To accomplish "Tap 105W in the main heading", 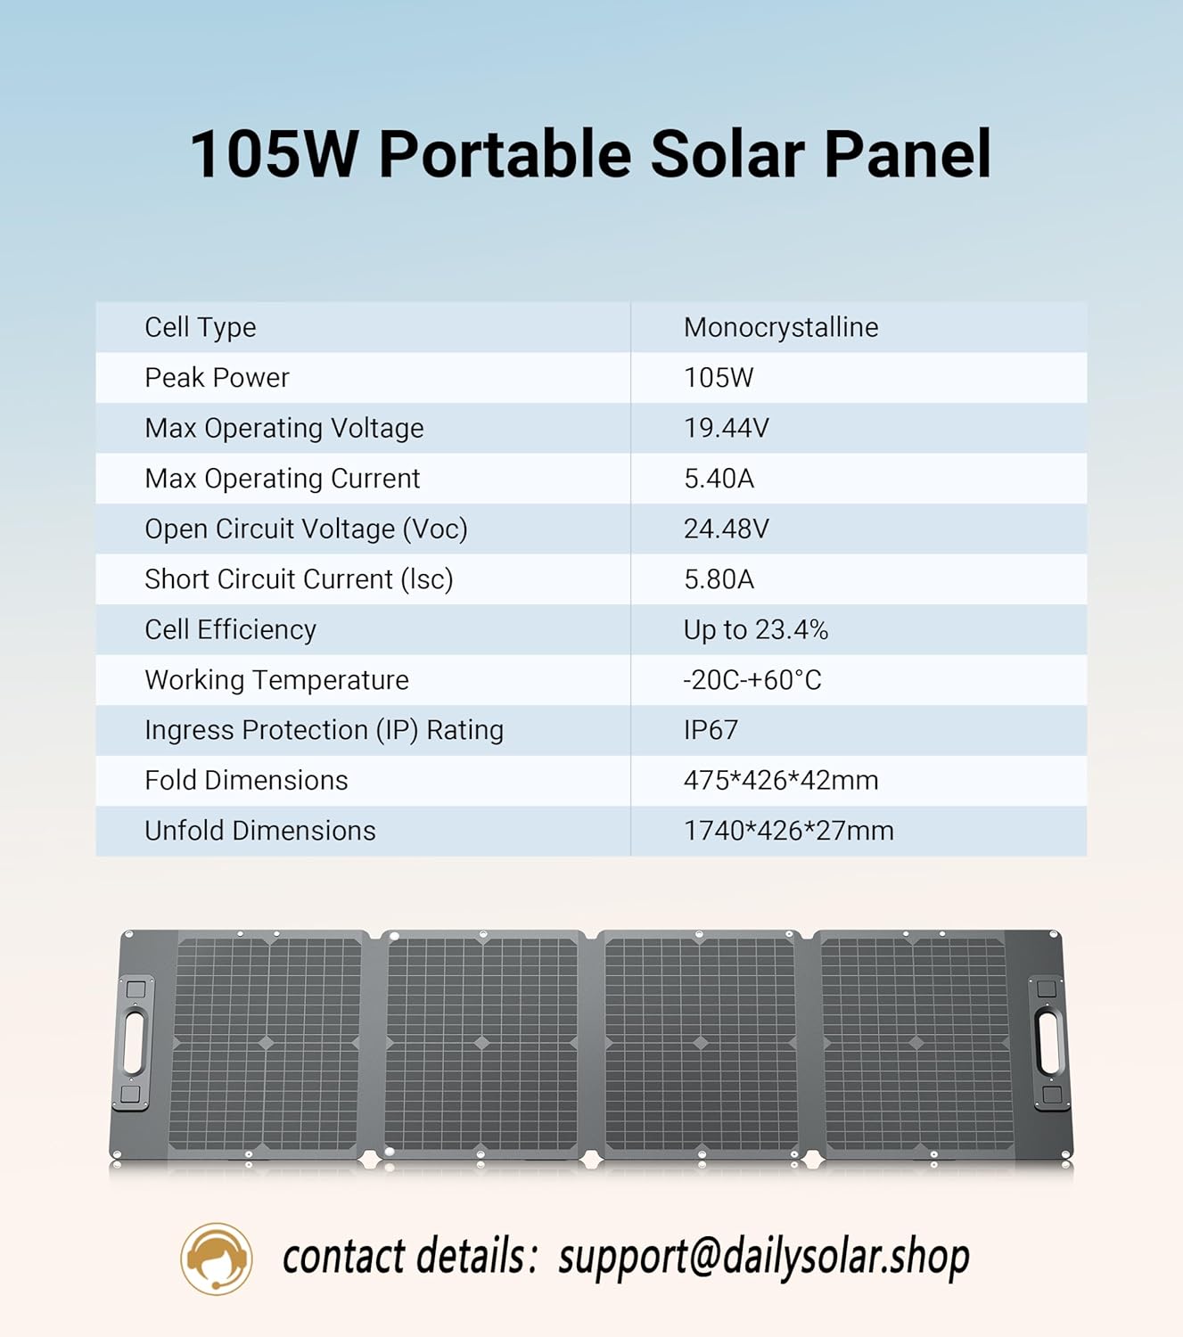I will pos(274,154).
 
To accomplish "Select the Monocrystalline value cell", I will pos(781,328).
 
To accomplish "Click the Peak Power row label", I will pos(217,378).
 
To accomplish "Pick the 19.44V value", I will pos(726,429).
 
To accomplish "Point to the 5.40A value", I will pos(719,479).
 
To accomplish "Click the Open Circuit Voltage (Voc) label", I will pos(306,529).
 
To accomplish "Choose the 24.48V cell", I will pos(726,529).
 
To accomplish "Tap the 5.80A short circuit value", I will pos(719,579).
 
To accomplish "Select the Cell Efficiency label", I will pos(230,630).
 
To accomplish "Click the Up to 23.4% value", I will pos(756,630).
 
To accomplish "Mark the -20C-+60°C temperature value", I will pos(752,680).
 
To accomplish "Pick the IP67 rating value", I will pos(711,730).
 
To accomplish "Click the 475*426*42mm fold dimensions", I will pos(781,781).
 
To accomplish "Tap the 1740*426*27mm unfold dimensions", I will pos(788,831).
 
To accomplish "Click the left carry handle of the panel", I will pos(134,1042).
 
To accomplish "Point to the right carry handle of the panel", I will pos(1048,1042).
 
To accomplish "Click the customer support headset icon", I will pos(217,1259).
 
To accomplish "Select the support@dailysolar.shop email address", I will pos(764,1258).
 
